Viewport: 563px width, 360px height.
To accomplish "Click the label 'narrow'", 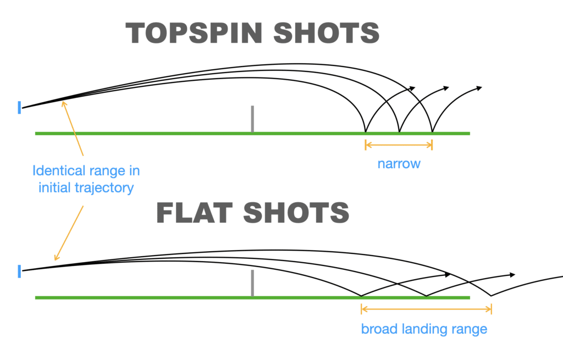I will coord(399,163).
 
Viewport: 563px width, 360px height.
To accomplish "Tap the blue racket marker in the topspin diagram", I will coord(19,108).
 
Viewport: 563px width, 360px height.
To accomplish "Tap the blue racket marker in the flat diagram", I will coord(19,271).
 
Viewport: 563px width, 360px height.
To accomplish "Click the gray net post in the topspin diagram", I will coord(252,119).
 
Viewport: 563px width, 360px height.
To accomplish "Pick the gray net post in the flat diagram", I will coord(252,283).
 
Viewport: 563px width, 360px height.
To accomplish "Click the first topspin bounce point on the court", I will coord(366,132).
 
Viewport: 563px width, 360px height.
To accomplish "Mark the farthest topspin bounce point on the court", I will coord(432,132).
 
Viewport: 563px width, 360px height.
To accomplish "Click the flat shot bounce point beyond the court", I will coord(491,296).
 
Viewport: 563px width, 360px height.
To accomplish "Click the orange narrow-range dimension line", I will coord(399,145).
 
